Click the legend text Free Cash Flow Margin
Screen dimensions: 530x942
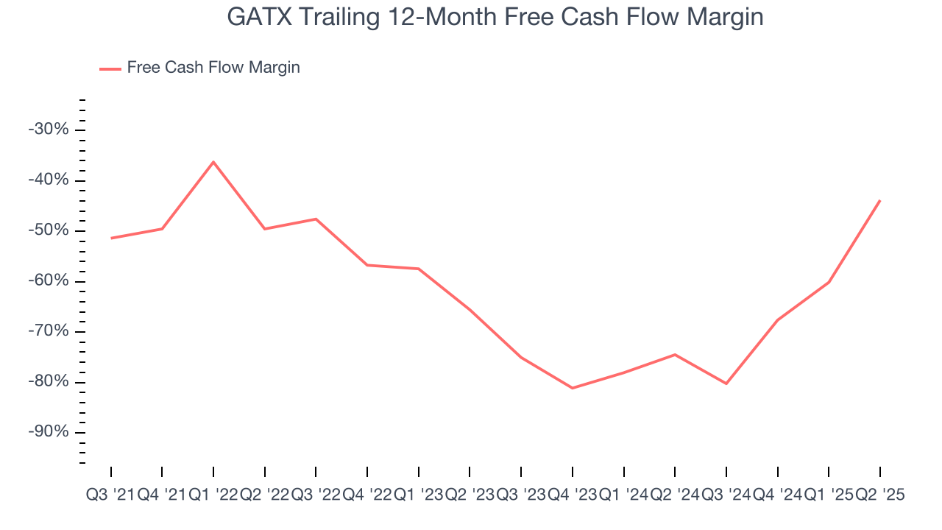[213, 68]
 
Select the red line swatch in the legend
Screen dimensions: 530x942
[110, 68]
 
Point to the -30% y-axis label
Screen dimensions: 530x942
[48, 130]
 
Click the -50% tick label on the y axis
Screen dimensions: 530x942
[48, 230]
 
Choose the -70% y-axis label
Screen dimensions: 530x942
[48, 331]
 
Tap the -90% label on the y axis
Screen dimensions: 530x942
[48, 432]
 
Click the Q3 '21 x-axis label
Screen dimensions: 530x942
[110, 495]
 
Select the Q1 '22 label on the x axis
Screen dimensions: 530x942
[213, 495]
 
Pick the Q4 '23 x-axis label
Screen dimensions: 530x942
[573, 495]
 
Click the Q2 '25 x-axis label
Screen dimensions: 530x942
[880, 495]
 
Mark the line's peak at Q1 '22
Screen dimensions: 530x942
[213, 161]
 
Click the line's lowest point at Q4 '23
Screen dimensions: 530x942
[573, 388]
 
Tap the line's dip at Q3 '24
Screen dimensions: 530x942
[726, 384]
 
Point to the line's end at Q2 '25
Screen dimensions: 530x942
[880, 200]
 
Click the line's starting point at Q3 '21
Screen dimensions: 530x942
[111, 238]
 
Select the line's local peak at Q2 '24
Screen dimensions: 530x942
[675, 355]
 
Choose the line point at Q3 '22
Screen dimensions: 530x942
[316, 219]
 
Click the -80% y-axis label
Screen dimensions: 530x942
[48, 382]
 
